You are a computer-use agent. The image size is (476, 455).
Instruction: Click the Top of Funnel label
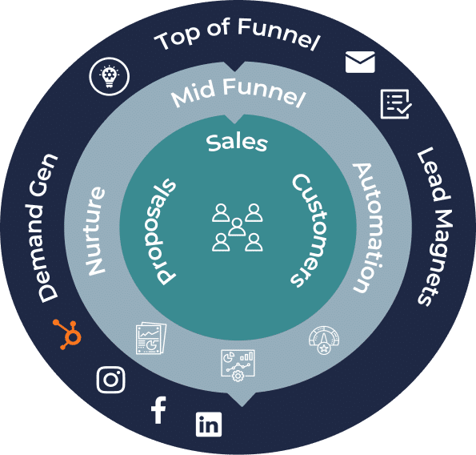(x=237, y=34)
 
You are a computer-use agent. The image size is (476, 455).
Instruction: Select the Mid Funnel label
(x=238, y=92)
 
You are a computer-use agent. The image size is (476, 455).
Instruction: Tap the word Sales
(x=237, y=143)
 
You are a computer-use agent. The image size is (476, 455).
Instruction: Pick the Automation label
(x=368, y=228)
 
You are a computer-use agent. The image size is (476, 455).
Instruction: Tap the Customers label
(x=310, y=230)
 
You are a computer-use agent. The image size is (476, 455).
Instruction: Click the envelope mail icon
(x=360, y=62)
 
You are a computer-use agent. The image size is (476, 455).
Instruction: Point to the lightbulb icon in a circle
(x=110, y=76)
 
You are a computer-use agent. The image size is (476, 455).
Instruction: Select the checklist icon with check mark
(x=396, y=104)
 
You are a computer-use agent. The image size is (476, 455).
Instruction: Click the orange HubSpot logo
(x=68, y=334)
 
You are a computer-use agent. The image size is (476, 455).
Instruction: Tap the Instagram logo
(x=111, y=380)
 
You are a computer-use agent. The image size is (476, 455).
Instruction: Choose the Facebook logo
(x=158, y=410)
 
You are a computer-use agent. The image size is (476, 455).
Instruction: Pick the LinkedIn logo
(x=209, y=425)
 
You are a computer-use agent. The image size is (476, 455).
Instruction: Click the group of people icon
(x=237, y=227)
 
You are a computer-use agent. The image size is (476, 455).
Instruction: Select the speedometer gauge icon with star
(x=324, y=340)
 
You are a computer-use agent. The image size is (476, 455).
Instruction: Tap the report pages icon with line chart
(x=151, y=338)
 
